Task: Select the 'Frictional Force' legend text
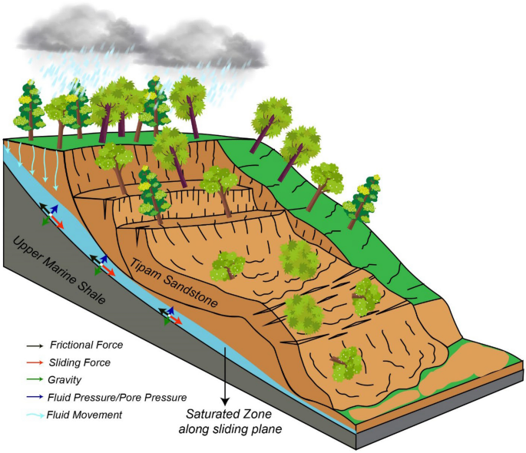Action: [x=86, y=346]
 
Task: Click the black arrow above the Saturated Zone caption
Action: [x=224, y=376]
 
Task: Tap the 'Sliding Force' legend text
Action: [x=79, y=362]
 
